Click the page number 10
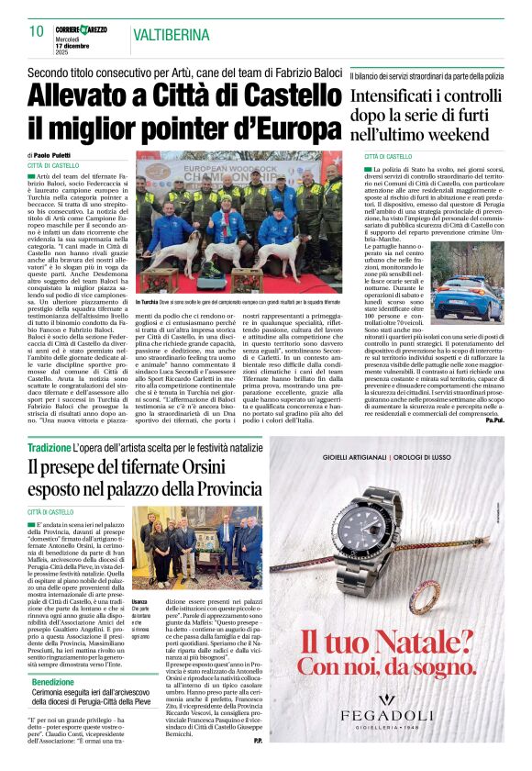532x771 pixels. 36,31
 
